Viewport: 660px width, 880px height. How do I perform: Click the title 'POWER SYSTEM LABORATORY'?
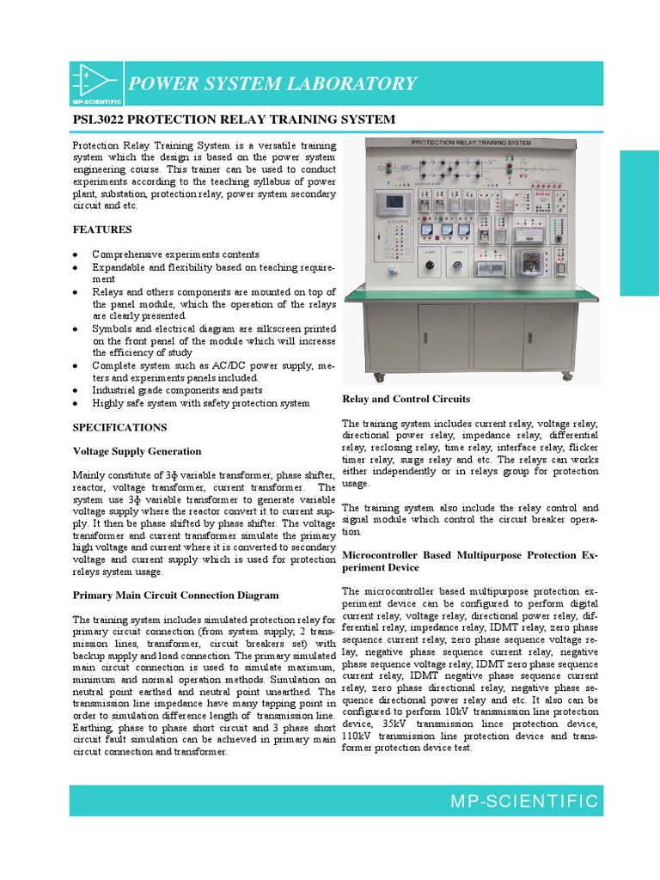(x=272, y=83)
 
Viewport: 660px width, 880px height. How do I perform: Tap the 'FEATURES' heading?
(x=102, y=229)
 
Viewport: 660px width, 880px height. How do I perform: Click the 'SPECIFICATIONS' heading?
(x=120, y=427)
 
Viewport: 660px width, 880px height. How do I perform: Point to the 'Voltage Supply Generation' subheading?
(x=137, y=451)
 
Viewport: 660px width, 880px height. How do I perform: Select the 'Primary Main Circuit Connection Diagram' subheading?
(x=176, y=595)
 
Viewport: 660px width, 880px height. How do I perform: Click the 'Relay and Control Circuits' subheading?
(x=406, y=399)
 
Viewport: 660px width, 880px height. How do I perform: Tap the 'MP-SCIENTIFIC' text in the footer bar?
(x=524, y=802)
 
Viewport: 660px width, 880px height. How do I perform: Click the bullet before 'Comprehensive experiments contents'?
(x=76, y=255)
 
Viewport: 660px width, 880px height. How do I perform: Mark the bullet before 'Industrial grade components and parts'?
(x=76, y=391)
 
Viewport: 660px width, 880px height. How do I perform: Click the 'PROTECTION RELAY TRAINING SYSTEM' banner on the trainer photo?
(x=471, y=143)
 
